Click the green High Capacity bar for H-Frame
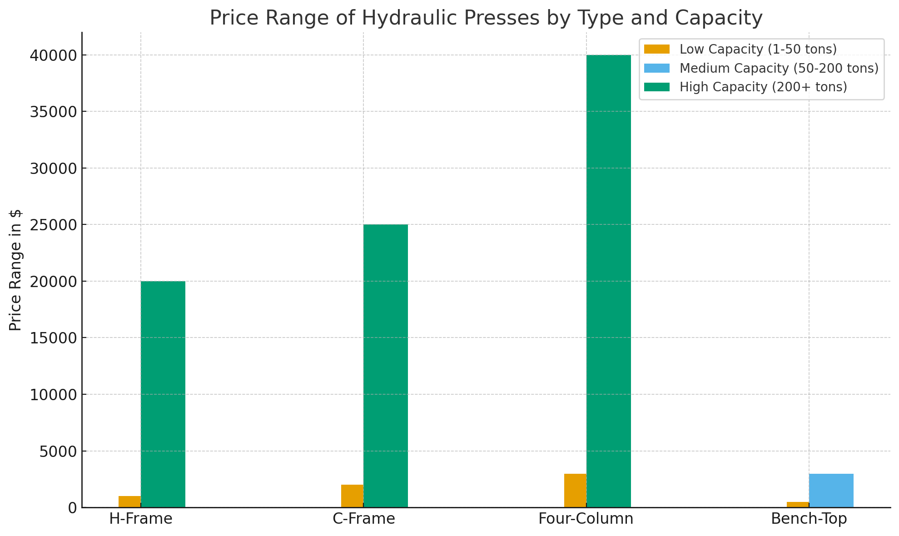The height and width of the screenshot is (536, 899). click(163, 394)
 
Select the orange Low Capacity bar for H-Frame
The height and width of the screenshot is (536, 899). click(129, 501)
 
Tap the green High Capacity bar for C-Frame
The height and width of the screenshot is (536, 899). click(386, 366)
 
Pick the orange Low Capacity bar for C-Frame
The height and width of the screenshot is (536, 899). click(352, 496)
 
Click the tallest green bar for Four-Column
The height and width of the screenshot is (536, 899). click(609, 281)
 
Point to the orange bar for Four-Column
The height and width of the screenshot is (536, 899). click(575, 491)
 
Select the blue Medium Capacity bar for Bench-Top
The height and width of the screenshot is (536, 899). click(831, 491)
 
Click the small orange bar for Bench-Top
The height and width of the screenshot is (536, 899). click(798, 505)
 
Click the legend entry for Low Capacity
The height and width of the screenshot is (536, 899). click(758, 49)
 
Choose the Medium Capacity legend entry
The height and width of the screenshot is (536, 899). click(779, 68)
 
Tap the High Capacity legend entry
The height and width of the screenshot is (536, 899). click(763, 87)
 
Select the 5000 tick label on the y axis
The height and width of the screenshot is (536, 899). click(57, 451)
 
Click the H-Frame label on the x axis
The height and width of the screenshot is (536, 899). click(141, 519)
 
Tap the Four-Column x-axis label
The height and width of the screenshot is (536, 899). click(586, 519)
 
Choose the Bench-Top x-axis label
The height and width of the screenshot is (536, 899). click(809, 519)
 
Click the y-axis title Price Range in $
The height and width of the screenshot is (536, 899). click(16, 270)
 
